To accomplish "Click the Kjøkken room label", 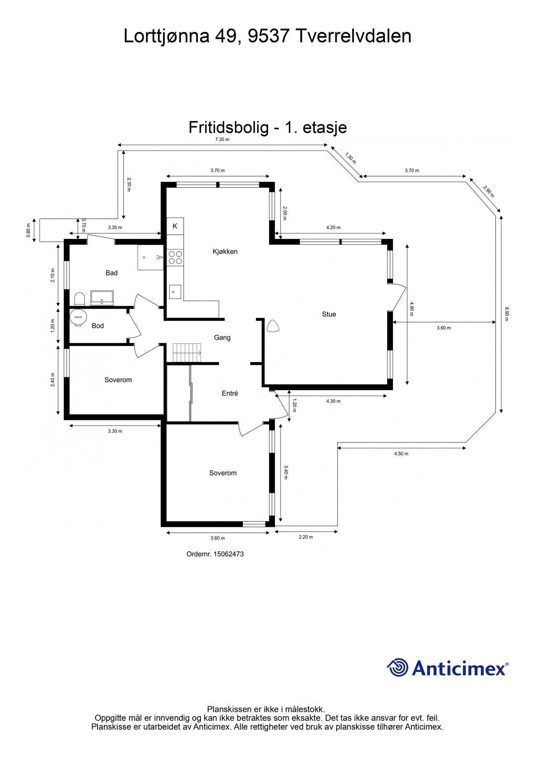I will (x=225, y=251).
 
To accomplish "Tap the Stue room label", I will (x=329, y=314).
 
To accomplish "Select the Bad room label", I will (x=111, y=273).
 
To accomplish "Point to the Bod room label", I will (x=98, y=326).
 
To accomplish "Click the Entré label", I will (x=230, y=393).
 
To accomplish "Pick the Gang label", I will (x=222, y=337).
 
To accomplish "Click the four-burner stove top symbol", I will (x=175, y=257).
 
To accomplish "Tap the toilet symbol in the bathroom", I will (x=79, y=299).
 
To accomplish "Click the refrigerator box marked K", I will (x=175, y=226).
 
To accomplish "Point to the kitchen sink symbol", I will (x=175, y=291).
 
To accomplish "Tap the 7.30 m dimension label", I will (x=222, y=139).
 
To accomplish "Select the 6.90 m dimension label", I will (x=507, y=314).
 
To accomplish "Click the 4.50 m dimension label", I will (x=401, y=453).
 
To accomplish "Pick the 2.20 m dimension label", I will (x=306, y=537).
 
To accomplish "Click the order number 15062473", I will (x=228, y=554).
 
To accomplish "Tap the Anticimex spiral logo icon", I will (x=398, y=667).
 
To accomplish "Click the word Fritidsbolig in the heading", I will (x=229, y=127).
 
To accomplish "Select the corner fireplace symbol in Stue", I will (x=272, y=326).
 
